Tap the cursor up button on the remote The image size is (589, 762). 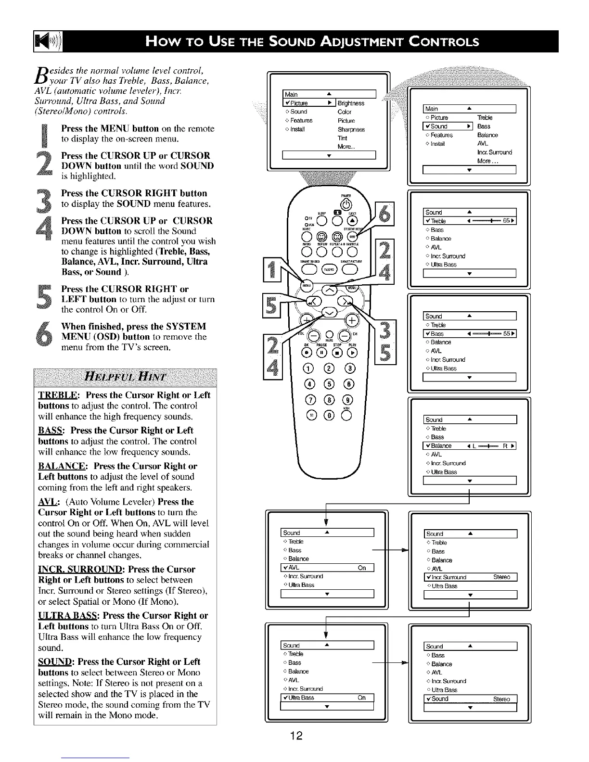329,290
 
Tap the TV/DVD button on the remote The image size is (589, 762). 330,270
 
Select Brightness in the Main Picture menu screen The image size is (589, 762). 350,103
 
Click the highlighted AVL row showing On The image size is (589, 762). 327,568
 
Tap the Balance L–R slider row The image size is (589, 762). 469,446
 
